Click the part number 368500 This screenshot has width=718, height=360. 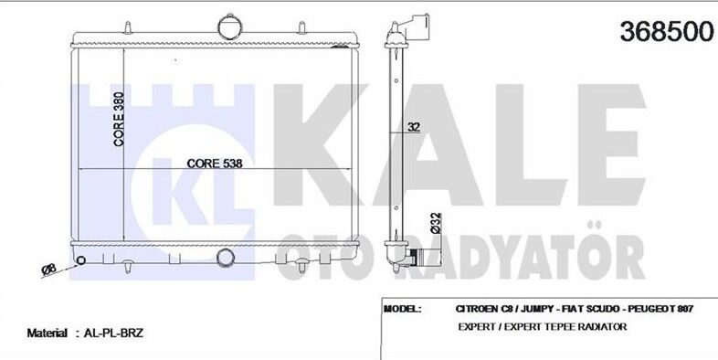coord(667,32)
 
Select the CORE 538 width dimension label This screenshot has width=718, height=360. coord(215,163)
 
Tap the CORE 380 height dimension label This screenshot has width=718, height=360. coord(119,119)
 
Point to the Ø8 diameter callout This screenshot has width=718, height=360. coord(48,269)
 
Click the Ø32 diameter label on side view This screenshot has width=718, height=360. coord(436,223)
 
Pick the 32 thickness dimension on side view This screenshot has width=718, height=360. coord(414,127)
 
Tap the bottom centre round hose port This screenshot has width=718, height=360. coord(226,258)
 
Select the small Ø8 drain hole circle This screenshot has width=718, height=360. coord(80,260)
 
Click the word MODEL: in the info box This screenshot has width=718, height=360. coord(403,309)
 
